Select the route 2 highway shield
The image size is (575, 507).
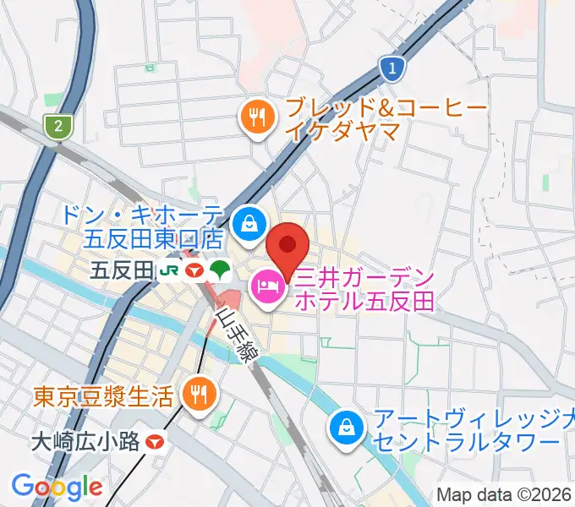click(x=57, y=127)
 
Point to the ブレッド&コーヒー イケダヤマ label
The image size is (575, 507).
click(x=385, y=119)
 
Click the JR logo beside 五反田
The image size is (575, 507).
click(x=169, y=270)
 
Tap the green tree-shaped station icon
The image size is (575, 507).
click(x=222, y=270)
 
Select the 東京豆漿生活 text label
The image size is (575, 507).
click(x=104, y=395)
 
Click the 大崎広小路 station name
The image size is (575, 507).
click(x=85, y=441)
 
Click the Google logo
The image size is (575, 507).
click(x=57, y=486)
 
